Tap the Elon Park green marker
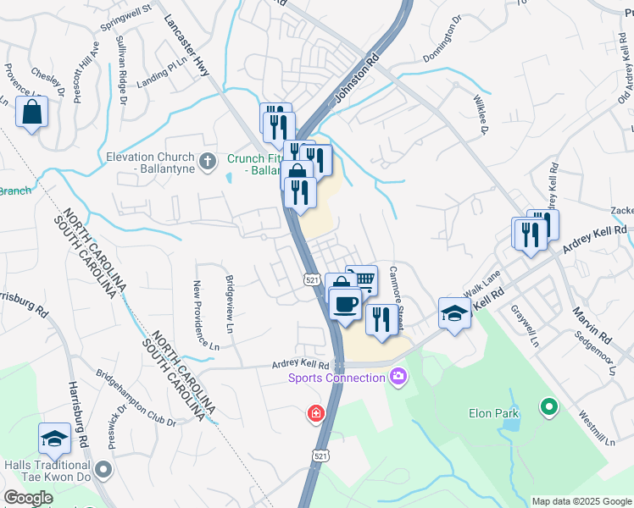click(549, 408)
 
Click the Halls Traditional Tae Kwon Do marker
click(103, 468)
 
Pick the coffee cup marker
click(344, 303)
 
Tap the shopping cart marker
click(363, 279)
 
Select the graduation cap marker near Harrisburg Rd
click(55, 438)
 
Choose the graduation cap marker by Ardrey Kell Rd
click(454, 313)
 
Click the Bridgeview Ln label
click(229, 302)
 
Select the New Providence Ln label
click(203, 315)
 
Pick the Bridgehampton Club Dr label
click(136, 396)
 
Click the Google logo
click(29, 498)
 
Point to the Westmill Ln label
click(597, 429)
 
